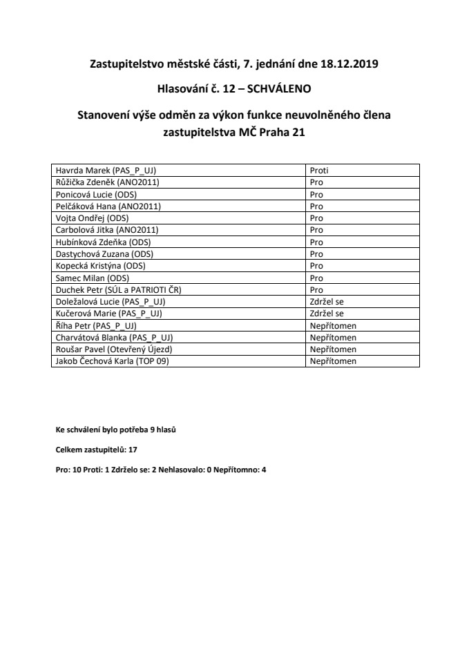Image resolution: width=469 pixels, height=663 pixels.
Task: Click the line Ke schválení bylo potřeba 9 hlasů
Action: [x=116, y=430]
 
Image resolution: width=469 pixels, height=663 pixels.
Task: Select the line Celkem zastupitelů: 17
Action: [x=97, y=450]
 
